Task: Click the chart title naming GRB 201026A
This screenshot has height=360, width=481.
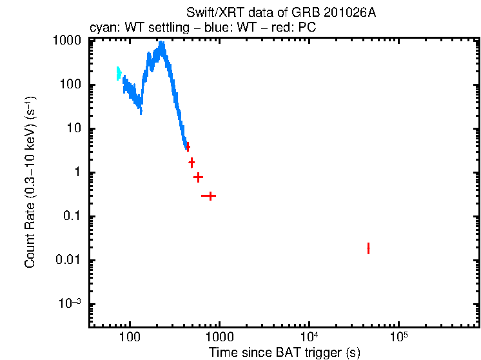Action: (x=280, y=13)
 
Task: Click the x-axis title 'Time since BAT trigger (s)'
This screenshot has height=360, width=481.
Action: (x=284, y=352)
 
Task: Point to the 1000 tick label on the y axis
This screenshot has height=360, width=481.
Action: (x=66, y=41)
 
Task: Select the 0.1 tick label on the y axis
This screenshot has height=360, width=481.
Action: (x=72, y=216)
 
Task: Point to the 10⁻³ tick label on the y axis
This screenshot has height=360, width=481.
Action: (x=70, y=304)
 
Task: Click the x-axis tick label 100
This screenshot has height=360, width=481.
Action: (x=130, y=337)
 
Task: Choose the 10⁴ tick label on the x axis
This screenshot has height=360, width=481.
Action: (x=309, y=337)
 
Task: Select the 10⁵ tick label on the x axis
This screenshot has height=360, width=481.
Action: (x=399, y=337)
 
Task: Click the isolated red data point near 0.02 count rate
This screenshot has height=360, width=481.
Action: (x=368, y=248)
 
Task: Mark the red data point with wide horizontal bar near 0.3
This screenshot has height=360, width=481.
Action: (x=208, y=195)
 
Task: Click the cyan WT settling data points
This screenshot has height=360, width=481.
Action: (x=119, y=73)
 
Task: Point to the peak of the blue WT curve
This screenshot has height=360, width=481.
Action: (x=162, y=45)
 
